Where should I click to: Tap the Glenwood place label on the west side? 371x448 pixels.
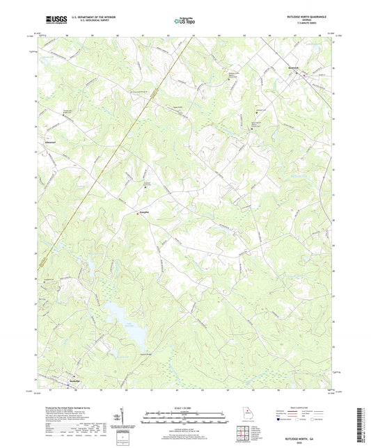tap(50, 143)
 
